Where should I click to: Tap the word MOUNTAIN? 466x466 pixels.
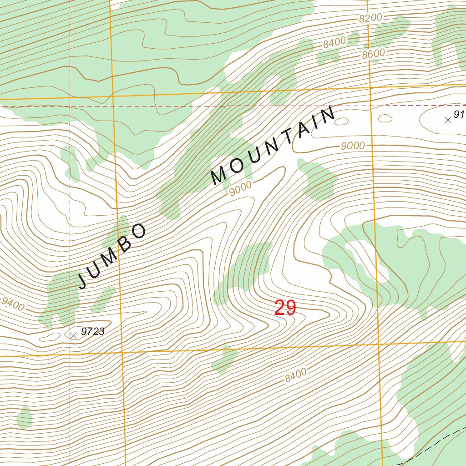click(273, 146)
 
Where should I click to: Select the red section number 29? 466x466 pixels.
click(285, 309)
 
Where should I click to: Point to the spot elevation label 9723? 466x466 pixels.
click(93, 332)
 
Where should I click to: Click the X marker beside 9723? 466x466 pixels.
click(73, 335)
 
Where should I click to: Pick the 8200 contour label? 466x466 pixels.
click(370, 18)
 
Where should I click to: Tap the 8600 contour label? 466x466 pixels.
click(374, 54)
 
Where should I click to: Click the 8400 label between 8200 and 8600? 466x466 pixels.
click(334, 43)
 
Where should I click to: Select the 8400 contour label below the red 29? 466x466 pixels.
click(296, 375)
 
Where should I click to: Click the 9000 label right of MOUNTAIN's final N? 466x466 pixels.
click(352, 146)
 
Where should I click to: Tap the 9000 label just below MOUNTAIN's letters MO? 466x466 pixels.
click(240, 189)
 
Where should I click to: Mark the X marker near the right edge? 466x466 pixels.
click(448, 120)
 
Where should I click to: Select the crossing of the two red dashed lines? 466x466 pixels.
click(70, 106)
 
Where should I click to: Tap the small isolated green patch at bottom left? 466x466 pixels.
click(24, 418)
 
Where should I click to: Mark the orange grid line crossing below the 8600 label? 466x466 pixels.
click(370, 87)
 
